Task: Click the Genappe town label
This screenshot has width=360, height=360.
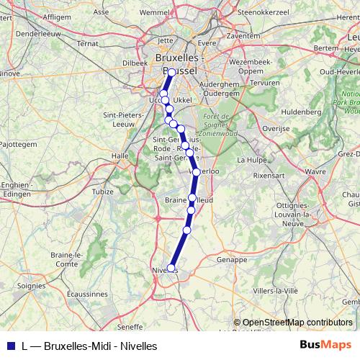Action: (231, 259)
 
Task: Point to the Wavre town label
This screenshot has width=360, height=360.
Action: (315, 172)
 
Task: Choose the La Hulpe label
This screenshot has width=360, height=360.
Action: (251, 160)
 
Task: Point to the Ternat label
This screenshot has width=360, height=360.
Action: (88, 43)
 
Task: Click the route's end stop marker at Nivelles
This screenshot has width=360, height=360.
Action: (171, 268)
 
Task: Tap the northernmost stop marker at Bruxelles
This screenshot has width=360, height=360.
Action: (171, 73)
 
